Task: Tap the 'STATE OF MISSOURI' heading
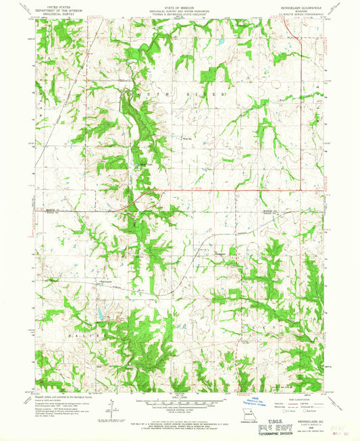[x=180, y=7]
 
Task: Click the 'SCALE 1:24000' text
[x=179, y=398]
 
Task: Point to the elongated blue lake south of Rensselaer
[x=99, y=311]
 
